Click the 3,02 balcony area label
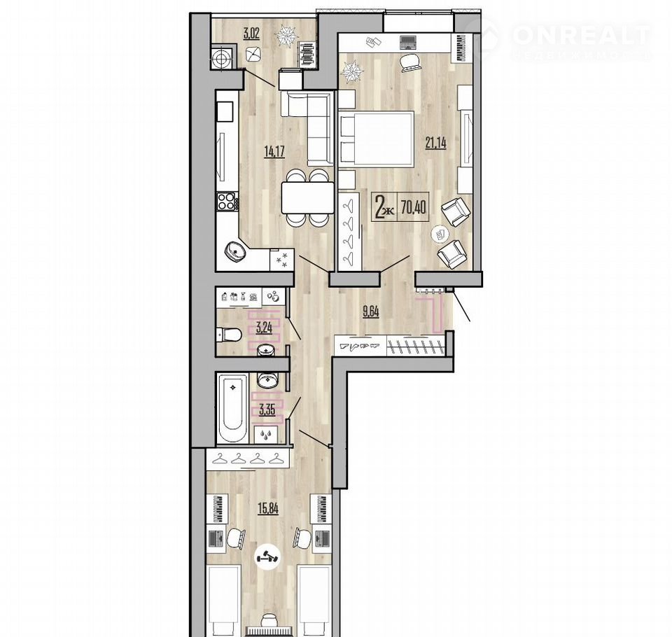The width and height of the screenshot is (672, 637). coord(251,34)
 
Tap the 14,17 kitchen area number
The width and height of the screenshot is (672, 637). coord(274,152)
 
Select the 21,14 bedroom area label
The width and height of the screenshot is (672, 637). coord(435,143)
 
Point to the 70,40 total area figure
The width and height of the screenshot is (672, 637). coord(414,208)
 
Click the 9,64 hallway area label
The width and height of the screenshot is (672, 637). coord(371,311)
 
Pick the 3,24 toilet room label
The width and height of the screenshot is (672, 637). coord(264,329)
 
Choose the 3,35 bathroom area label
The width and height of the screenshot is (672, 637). coord(267,409)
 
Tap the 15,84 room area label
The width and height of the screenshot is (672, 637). coord(268,508)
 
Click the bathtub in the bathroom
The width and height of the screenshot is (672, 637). coord(232,409)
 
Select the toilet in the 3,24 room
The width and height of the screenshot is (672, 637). coord(228,334)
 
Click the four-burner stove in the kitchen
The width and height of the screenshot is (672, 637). coord(227,201)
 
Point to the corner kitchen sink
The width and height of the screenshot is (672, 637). coord(234,251)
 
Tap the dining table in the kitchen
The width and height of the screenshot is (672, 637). coord(307,197)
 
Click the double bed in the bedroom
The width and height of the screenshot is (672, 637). coord(377,138)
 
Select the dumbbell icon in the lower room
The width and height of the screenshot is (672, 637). coord(267,558)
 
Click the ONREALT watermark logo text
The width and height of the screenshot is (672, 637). coord(582,35)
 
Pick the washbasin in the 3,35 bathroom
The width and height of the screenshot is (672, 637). coord(268,379)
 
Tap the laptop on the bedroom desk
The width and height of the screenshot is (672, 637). coord(408,42)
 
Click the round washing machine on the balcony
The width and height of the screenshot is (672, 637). coord(223,57)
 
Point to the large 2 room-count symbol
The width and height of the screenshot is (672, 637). coord(379,206)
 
